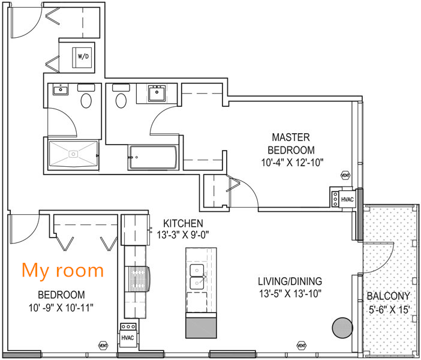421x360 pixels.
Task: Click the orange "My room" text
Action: tap(62, 270)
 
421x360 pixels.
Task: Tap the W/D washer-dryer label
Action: tap(83, 56)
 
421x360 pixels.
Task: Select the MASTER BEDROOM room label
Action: tap(291, 143)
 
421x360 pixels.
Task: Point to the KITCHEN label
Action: tap(183, 223)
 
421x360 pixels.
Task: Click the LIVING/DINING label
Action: tap(290, 281)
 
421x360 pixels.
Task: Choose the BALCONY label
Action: tap(389, 296)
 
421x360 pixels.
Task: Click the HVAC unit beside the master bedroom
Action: tap(347, 199)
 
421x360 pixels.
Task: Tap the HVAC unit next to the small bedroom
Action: tap(127, 337)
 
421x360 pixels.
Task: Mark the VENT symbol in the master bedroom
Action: tap(345, 175)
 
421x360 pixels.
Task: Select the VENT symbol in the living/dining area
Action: tap(302, 346)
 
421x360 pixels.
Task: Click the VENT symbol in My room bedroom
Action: tap(103, 346)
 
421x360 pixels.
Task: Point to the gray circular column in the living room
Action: tap(342, 328)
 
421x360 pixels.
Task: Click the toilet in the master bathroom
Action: tap(121, 100)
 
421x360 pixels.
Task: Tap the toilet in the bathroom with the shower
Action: tap(86, 100)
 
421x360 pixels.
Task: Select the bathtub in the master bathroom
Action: tap(153, 157)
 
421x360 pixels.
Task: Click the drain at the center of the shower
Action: tap(73, 154)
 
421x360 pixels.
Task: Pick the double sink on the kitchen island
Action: tap(197, 277)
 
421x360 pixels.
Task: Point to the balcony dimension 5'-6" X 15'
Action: tap(389, 310)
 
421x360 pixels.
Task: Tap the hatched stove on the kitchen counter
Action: tap(137, 279)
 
